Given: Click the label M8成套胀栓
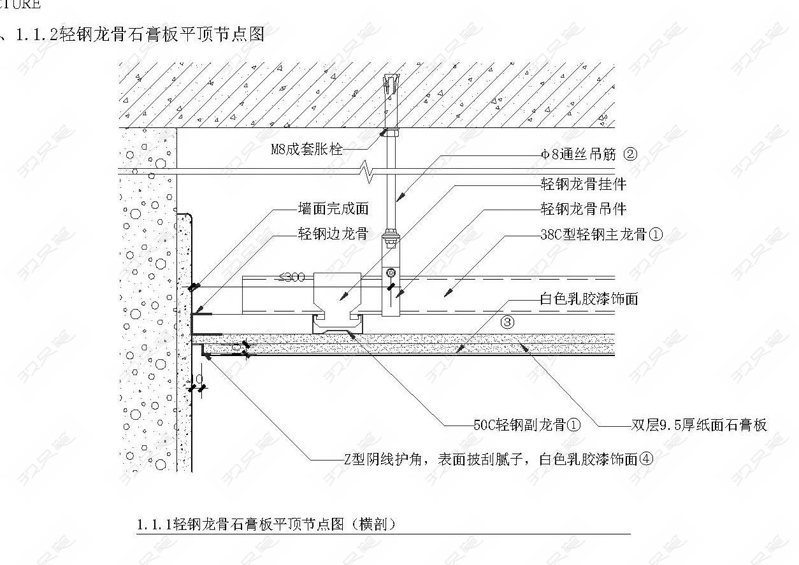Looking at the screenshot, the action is point(306,149).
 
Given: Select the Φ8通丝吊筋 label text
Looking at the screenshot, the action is point(578,154).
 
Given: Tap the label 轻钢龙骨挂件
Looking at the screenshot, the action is point(583,184).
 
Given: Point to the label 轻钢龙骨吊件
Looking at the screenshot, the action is point(583,209).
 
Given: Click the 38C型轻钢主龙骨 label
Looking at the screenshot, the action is point(594,234).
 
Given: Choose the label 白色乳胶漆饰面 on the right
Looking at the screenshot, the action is point(589,299).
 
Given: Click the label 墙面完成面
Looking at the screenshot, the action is point(333,208).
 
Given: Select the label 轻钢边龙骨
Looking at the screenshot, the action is point(333,234).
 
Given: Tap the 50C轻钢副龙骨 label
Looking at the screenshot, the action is point(520,425).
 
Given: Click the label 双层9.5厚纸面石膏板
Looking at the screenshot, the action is point(699,425).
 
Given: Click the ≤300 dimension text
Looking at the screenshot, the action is point(292,277).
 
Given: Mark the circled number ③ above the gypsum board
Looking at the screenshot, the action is point(507,322).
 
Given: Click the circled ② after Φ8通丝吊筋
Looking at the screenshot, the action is point(630,154).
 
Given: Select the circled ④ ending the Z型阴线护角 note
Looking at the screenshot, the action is point(646,459).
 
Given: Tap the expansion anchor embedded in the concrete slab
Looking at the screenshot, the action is point(391,85).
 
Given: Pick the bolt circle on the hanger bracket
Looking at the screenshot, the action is point(391,273).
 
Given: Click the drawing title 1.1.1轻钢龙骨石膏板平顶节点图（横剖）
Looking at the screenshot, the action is point(267,525).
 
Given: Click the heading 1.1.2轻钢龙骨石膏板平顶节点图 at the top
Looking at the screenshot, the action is point(140,34).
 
